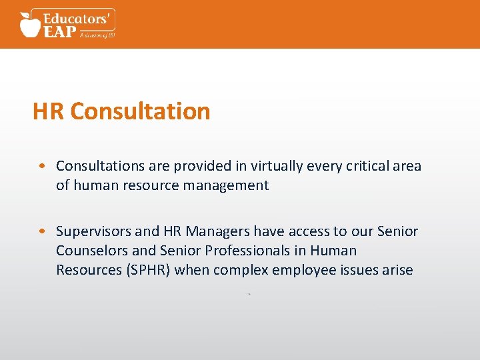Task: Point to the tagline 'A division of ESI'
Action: click(x=97, y=35)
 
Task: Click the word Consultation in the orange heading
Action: click(x=140, y=111)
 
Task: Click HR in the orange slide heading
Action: click(x=49, y=111)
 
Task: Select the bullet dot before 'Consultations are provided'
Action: click(x=42, y=166)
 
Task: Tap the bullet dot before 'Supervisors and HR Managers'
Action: click(x=42, y=232)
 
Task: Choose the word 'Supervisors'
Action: click(x=93, y=231)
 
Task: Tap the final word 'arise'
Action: click(x=396, y=270)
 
